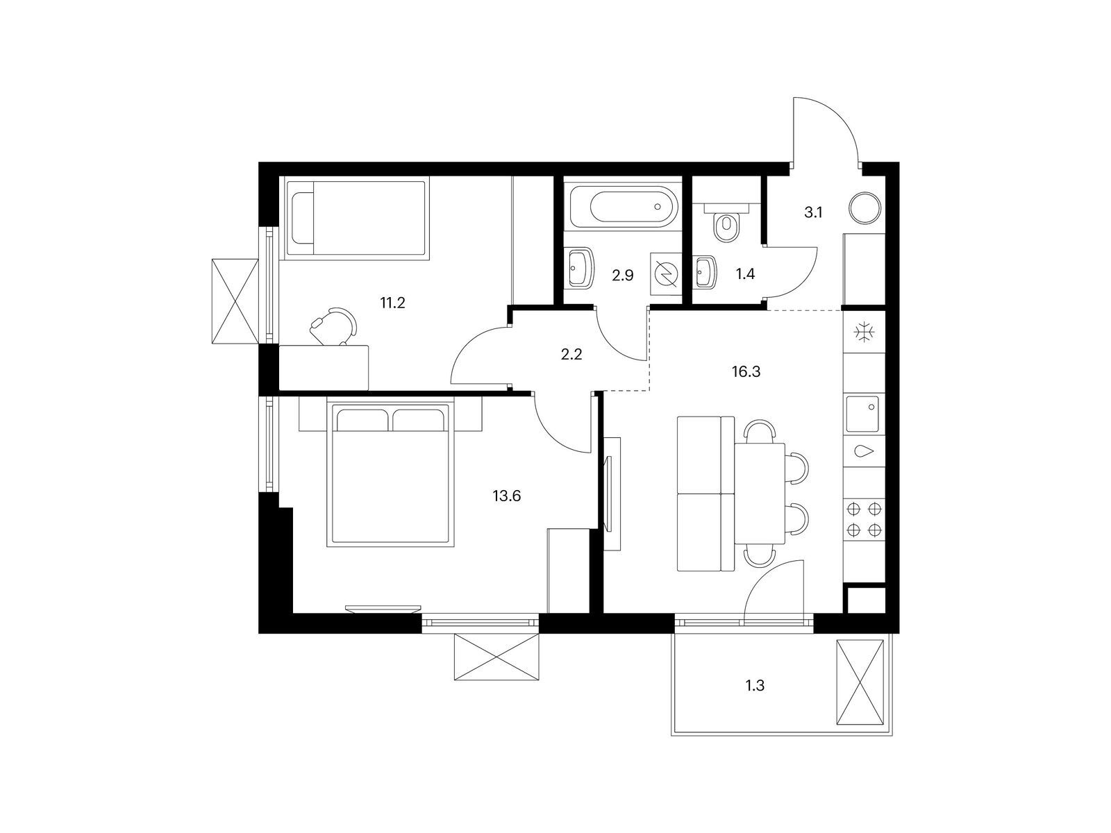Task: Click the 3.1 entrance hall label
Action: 813,213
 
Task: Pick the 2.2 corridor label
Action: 571,355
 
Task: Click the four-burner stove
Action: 864,519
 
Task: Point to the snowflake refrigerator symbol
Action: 864,333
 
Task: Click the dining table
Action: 760,494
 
